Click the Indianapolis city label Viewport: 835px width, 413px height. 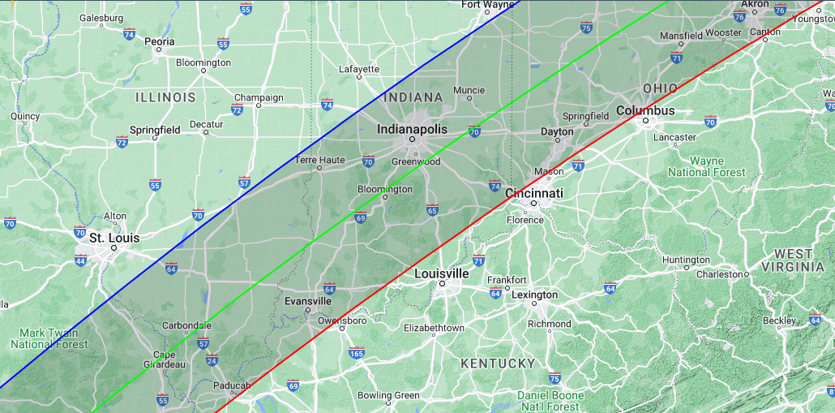[412, 130]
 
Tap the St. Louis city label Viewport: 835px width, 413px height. [113, 238]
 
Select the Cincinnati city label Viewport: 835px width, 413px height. [533, 194]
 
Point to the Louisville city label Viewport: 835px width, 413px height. [441, 273]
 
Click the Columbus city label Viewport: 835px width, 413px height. [645, 110]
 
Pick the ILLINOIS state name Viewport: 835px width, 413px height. [165, 97]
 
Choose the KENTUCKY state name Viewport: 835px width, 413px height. [498, 364]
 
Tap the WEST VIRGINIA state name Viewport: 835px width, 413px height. [793, 260]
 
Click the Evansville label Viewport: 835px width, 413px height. [308, 301]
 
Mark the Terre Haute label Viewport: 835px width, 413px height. [319, 160]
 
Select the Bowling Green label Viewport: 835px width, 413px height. [390, 396]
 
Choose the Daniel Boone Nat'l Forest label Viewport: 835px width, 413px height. [550, 401]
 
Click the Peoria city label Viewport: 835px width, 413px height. [159, 41]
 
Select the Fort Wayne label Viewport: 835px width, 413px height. [487, 5]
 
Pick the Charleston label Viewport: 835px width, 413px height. [719, 274]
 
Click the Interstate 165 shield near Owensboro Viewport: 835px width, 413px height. [356, 352]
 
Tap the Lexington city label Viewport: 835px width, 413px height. [534, 295]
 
